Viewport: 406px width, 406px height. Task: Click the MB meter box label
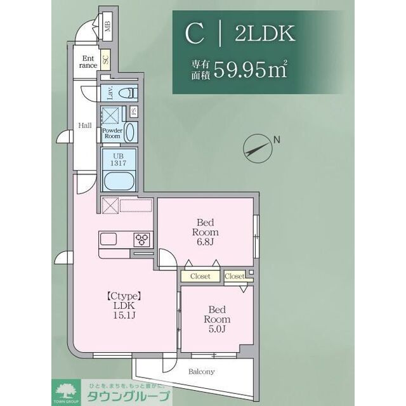click(x=108, y=26)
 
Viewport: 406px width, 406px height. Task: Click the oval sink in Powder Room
click(x=129, y=132)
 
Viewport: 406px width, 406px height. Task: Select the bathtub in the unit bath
click(x=119, y=180)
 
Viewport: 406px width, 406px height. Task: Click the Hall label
click(x=85, y=125)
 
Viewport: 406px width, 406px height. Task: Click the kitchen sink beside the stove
click(x=108, y=239)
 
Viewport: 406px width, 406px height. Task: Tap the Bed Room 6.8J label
click(x=206, y=232)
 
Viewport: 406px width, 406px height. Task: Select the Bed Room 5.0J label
click(x=216, y=319)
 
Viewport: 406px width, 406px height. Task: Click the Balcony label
click(x=202, y=371)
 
